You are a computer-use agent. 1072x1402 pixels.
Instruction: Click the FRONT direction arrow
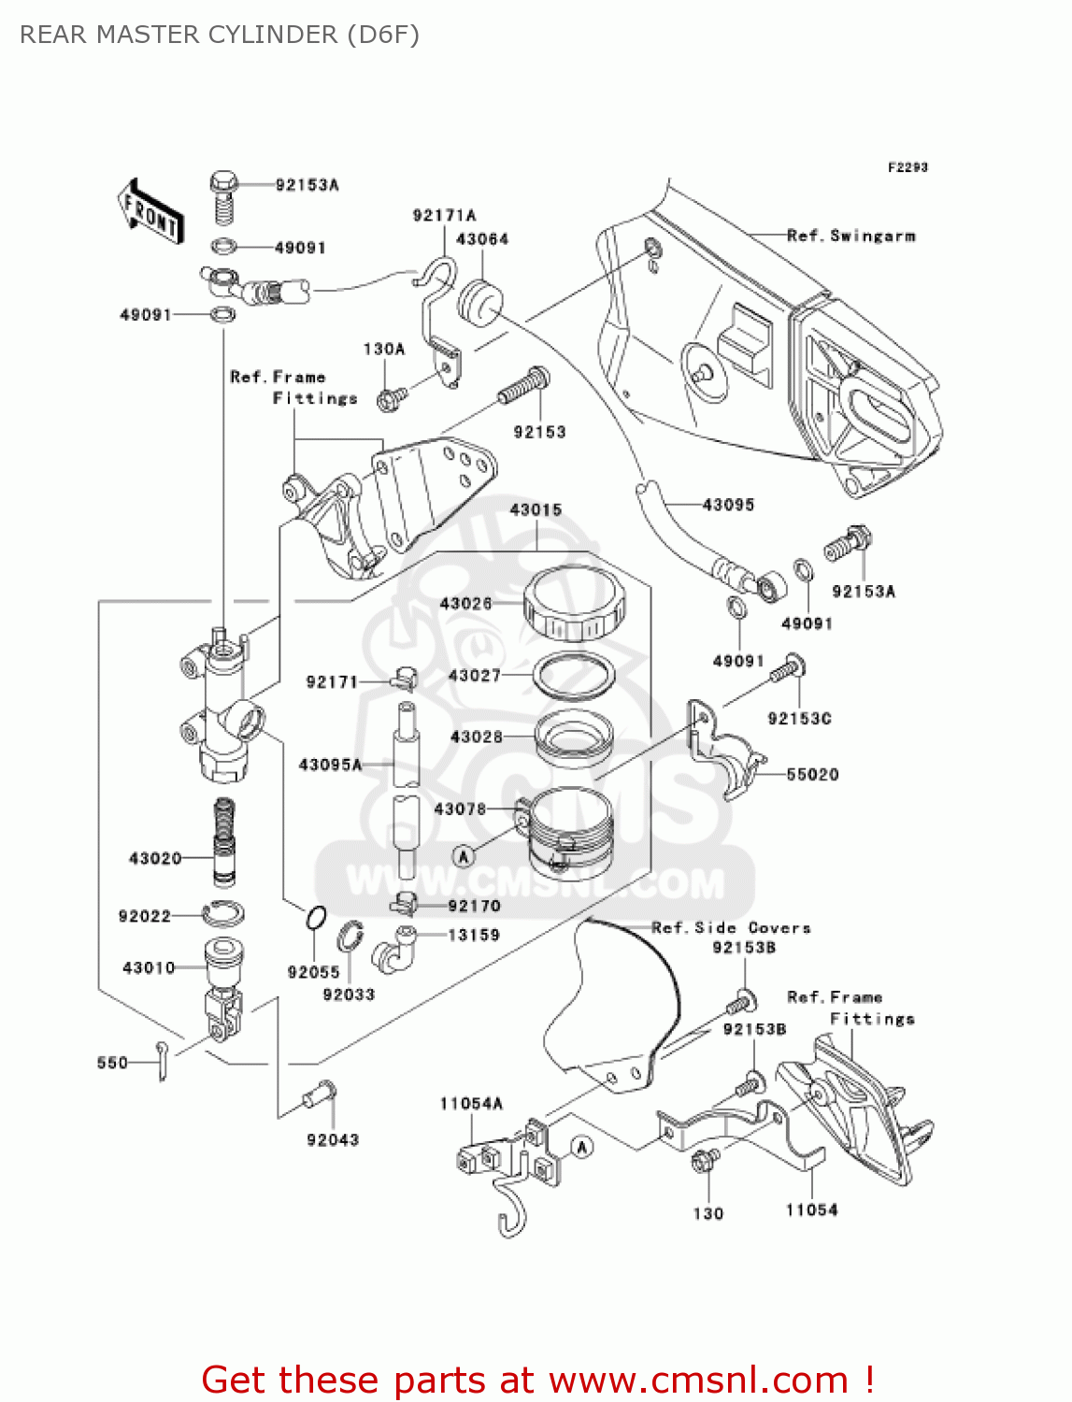[150, 212]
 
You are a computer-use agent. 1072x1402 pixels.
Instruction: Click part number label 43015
[536, 509]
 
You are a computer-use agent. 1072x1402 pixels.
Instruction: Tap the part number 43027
[474, 675]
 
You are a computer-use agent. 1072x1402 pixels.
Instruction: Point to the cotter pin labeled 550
[163, 1062]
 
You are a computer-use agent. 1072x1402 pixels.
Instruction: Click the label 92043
[333, 1139]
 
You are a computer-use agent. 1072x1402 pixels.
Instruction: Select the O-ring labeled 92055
[316, 919]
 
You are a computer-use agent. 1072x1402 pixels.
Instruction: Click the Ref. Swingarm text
[850, 236]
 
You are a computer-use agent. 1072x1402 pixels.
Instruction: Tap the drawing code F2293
[908, 167]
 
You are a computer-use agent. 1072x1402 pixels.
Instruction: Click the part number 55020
[812, 774]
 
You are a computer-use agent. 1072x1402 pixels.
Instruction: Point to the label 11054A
[471, 1104]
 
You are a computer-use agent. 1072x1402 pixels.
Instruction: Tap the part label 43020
[155, 858]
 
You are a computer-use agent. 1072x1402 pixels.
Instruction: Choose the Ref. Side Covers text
[731, 927]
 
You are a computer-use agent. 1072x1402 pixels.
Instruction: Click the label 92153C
[799, 718]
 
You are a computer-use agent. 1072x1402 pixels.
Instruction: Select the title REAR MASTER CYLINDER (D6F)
[220, 35]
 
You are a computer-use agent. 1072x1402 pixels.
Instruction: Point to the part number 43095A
[330, 765]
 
